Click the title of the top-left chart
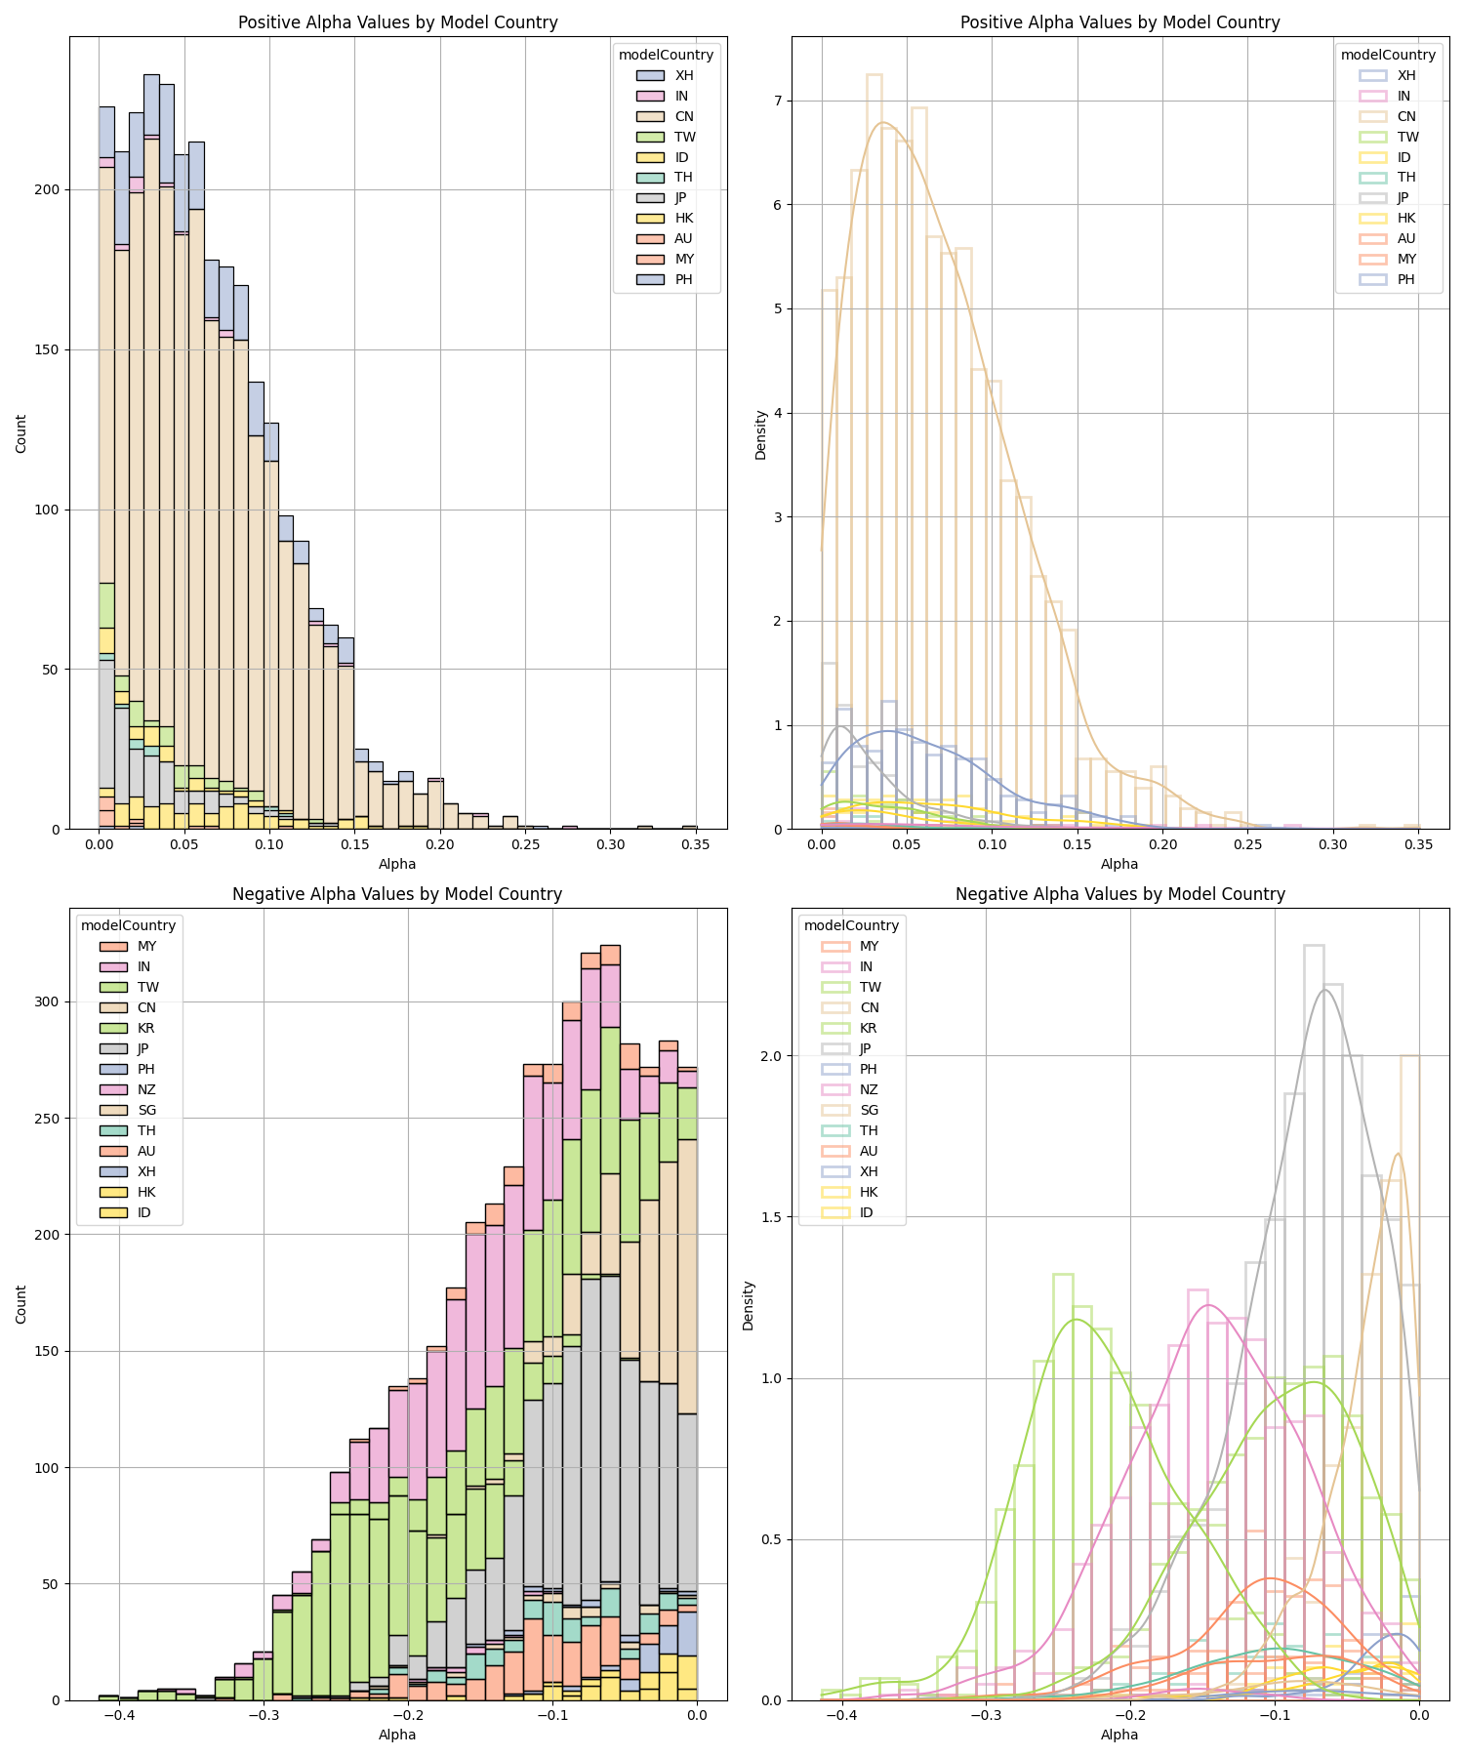point(397,22)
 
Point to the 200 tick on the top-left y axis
point(47,190)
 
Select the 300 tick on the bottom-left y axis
point(47,1001)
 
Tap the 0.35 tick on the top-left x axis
point(695,843)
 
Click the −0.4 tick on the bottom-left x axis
point(118,1714)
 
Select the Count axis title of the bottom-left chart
point(21,1304)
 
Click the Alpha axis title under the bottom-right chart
point(1119,1735)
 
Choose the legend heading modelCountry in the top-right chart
point(1388,55)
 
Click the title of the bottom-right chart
point(1119,894)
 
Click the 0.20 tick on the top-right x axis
point(1162,843)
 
